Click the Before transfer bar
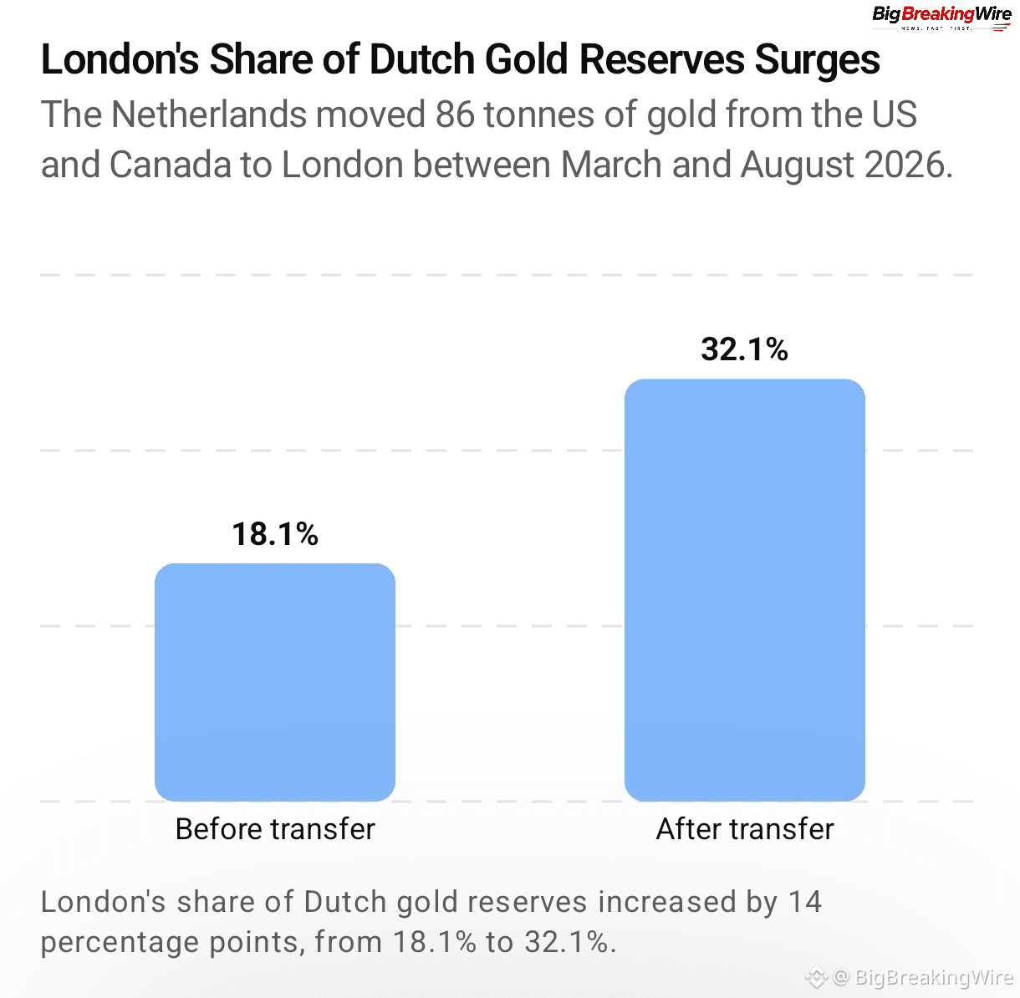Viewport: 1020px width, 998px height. tap(275, 682)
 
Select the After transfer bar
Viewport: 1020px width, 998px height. tap(745, 590)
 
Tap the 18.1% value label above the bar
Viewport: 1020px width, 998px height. tap(275, 533)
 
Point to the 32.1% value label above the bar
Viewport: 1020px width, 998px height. tap(745, 349)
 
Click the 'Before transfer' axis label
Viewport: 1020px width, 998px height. tap(275, 829)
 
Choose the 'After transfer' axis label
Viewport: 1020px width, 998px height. tap(745, 829)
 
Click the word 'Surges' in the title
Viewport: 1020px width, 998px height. tap(817, 60)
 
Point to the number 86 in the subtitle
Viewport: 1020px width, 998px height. tap(455, 115)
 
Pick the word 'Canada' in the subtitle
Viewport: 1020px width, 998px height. tap(171, 165)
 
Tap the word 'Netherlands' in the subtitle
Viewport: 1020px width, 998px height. tap(208, 115)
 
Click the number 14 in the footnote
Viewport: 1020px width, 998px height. tap(804, 902)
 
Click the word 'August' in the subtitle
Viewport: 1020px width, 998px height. tap(797, 165)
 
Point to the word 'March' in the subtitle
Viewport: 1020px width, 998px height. tap(610, 165)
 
